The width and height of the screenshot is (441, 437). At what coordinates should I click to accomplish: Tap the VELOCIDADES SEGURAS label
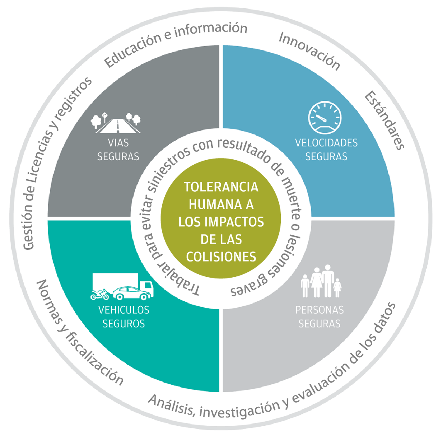[326, 150]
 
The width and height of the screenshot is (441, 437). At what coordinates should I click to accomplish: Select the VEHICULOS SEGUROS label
[124, 317]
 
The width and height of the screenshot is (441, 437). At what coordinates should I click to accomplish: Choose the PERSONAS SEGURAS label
[319, 317]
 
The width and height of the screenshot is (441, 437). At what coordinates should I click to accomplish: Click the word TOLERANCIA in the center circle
[221, 187]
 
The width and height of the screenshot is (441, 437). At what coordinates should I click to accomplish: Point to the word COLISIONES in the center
[221, 256]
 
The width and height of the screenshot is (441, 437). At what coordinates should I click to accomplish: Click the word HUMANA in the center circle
[221, 204]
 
